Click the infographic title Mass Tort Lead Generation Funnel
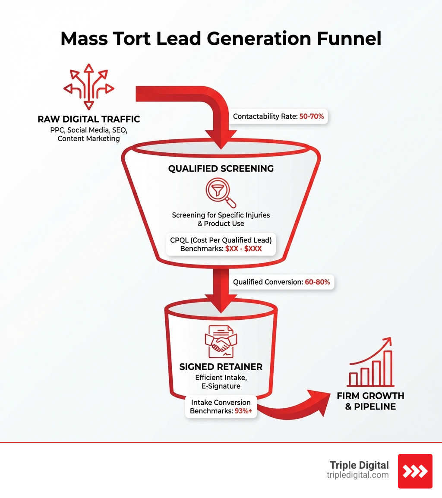point(221,39)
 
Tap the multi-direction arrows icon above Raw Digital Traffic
point(89,87)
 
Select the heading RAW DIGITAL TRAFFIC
point(89,119)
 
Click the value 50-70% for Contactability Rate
point(311,117)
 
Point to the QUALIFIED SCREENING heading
point(221,168)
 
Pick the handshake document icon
point(221,341)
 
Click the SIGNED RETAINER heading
point(221,367)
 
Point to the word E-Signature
point(221,386)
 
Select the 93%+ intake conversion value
point(243,411)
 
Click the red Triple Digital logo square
point(415,471)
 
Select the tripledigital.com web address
point(357,475)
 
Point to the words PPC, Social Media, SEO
point(89,130)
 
